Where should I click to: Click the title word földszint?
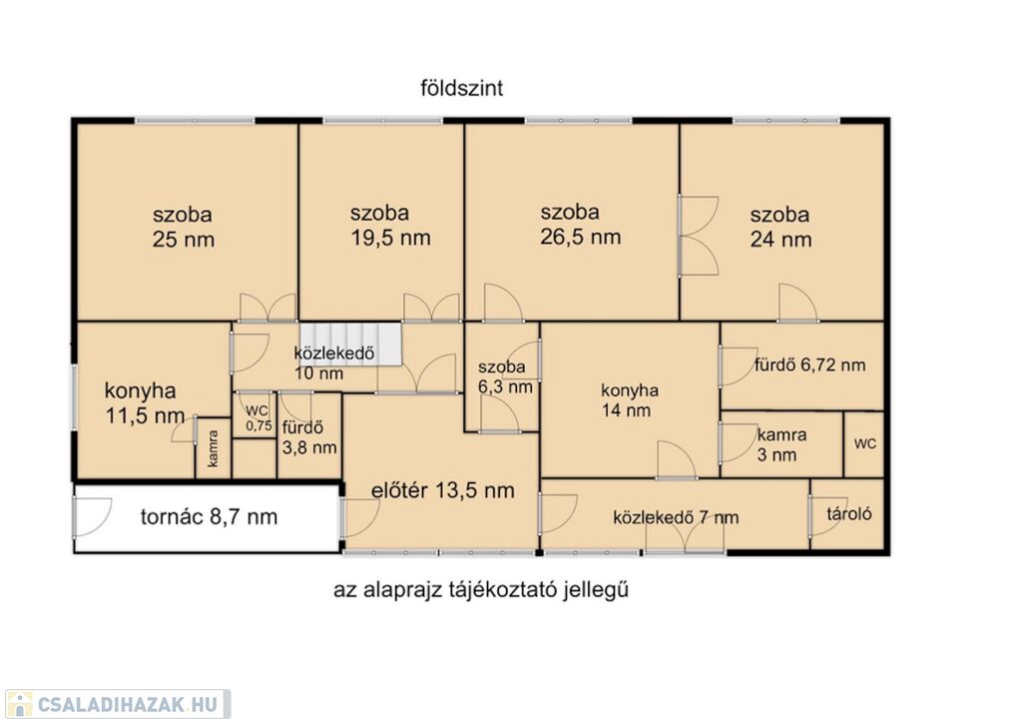click(x=461, y=88)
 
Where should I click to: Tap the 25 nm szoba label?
click(x=184, y=227)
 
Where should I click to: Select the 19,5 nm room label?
click(x=390, y=225)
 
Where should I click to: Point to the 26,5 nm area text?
click(x=580, y=225)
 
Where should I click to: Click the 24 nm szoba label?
click(x=780, y=227)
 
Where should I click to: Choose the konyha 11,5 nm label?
click(x=145, y=403)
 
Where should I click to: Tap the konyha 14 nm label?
click(x=629, y=400)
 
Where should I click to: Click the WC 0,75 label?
click(x=258, y=418)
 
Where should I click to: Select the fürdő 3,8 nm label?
click(x=309, y=438)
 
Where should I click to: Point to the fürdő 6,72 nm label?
click(x=810, y=364)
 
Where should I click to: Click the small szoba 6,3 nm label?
click(x=504, y=377)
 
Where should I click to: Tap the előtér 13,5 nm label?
click(x=442, y=490)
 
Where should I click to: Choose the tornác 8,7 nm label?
click(x=210, y=517)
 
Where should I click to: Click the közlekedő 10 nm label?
click(x=334, y=363)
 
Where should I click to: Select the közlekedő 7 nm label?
click(x=676, y=518)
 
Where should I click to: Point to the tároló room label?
click(x=849, y=514)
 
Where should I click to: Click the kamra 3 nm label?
click(x=781, y=444)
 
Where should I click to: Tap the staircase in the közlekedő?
click(x=350, y=344)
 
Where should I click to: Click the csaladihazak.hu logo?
click(x=117, y=704)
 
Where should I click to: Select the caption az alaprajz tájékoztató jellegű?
click(x=481, y=590)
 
